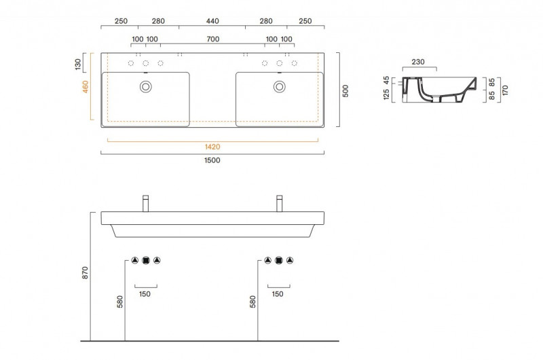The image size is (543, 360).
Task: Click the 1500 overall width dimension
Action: coord(213,160)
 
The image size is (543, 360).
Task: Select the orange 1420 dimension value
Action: coord(213,147)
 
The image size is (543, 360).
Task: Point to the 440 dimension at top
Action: coord(212,22)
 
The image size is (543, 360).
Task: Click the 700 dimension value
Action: coord(212,39)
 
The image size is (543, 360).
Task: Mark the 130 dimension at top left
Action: coord(79,65)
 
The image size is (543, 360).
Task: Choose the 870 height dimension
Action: coord(85,273)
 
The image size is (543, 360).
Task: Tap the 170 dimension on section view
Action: coord(506,89)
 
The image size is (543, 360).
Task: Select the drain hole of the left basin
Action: coord(145,86)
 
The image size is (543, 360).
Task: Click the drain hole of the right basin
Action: coord(279,86)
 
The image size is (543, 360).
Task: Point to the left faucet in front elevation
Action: coord(145,203)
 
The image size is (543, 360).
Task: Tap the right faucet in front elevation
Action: coord(279,203)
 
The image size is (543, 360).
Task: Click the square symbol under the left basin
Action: coord(145,259)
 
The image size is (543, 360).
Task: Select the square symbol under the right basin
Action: coord(279,259)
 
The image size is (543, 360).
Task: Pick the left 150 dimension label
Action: coord(145,294)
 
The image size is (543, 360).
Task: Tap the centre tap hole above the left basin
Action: coord(145,64)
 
